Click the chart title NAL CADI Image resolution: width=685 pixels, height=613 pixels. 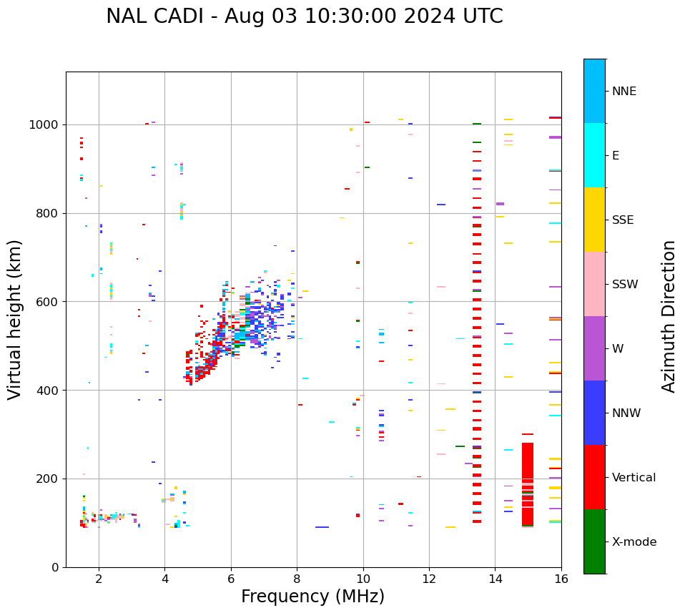tap(304, 16)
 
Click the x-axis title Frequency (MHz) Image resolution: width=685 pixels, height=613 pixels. tap(312, 597)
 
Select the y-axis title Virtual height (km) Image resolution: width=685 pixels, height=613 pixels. tap(15, 319)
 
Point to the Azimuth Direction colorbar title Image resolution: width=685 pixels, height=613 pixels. tap(669, 315)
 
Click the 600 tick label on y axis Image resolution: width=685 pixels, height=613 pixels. tap(51, 302)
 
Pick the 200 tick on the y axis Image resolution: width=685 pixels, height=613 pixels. tap(51, 479)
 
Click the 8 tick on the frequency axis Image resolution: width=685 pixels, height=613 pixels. tap(297, 578)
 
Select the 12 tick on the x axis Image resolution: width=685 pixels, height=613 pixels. tap(429, 578)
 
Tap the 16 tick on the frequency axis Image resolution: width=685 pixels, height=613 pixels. tap(561, 578)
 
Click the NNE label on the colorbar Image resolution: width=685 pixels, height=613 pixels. tap(624, 92)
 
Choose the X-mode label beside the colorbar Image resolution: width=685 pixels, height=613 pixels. tap(634, 542)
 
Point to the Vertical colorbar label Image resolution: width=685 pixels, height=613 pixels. tap(634, 478)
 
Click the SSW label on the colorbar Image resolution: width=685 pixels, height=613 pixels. tap(625, 285)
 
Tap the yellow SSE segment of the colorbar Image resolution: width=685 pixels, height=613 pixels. tap(594, 220)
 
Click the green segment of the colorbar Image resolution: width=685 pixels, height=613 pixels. tap(594, 541)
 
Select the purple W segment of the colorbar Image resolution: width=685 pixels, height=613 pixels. tap(594, 348)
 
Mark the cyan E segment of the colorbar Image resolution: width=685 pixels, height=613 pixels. tap(594, 155)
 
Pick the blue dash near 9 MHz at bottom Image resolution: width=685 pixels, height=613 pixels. tap(322, 527)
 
